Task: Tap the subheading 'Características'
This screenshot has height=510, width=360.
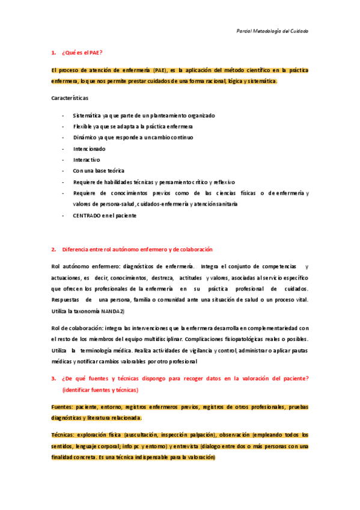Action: (x=70, y=97)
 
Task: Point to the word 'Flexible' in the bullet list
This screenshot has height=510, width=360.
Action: (x=83, y=126)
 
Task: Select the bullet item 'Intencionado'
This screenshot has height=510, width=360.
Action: (x=89, y=149)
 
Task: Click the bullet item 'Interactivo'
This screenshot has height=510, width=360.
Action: (x=87, y=159)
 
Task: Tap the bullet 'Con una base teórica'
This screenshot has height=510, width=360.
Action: (x=99, y=171)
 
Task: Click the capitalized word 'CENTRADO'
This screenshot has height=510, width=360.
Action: (x=87, y=215)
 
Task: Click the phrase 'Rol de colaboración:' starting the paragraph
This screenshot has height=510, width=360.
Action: (x=77, y=328)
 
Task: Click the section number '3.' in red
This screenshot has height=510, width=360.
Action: (x=55, y=378)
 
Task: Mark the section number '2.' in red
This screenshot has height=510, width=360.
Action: (x=55, y=249)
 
